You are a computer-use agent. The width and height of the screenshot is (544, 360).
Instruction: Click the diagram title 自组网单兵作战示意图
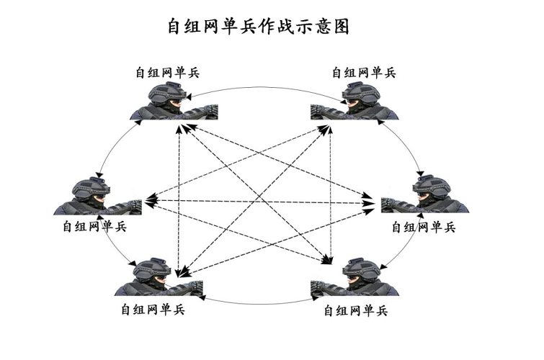[x=257, y=27]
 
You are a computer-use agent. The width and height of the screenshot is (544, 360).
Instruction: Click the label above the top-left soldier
[x=167, y=73]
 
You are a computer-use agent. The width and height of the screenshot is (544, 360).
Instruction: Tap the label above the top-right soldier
[x=363, y=73]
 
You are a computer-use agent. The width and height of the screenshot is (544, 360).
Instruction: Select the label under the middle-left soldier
[x=94, y=226]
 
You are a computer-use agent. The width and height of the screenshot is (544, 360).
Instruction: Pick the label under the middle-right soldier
[x=423, y=227]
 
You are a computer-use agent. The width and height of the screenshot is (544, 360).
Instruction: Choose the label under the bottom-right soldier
[x=356, y=311]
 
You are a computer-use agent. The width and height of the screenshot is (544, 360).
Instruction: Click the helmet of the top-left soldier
[x=164, y=92]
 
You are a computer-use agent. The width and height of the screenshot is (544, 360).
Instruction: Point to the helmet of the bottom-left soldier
[x=151, y=269]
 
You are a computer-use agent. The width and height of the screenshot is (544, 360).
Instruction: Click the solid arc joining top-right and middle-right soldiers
[x=409, y=148]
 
